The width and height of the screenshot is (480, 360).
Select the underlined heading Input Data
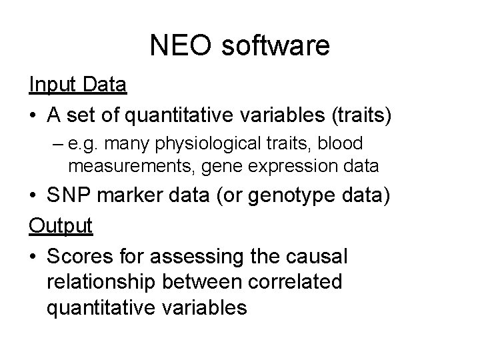pyautogui.click(x=78, y=86)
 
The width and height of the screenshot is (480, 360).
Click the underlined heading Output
pyautogui.click(x=61, y=225)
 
